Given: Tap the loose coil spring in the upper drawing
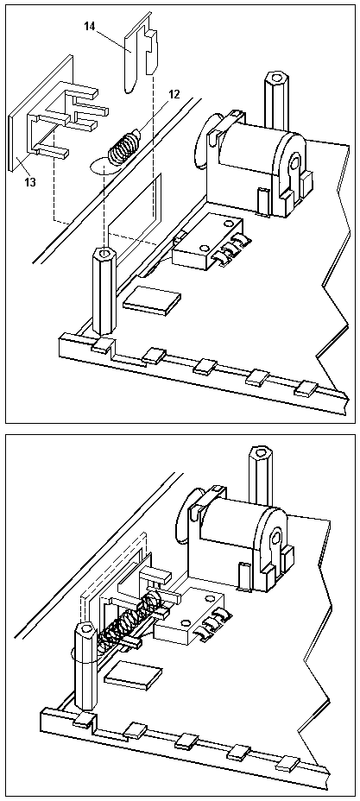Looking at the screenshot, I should [123, 144].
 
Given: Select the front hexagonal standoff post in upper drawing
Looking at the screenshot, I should [103, 293].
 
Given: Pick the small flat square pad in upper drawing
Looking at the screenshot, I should [152, 300].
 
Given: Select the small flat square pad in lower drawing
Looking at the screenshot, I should [132, 675].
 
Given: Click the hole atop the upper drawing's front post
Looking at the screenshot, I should [103, 254].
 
